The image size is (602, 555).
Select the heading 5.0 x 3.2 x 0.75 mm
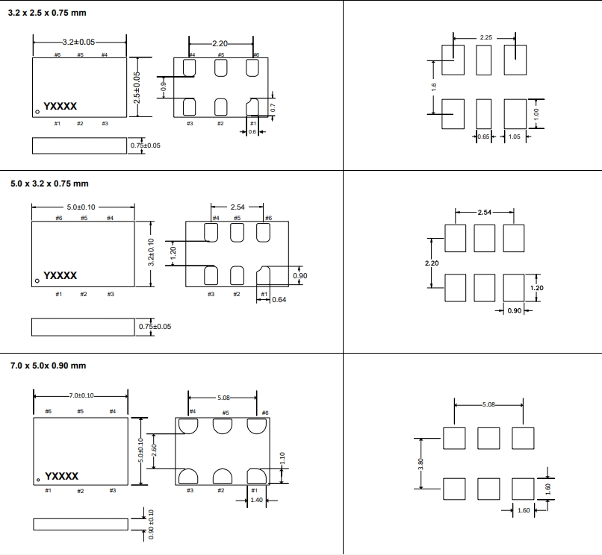click(49, 184)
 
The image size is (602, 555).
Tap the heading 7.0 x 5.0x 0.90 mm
click(49, 366)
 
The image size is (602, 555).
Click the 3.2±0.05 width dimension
click(78, 43)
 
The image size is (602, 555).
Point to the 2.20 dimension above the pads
click(222, 44)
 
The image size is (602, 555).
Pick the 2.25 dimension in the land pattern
click(485, 37)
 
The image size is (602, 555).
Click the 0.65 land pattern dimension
click(483, 137)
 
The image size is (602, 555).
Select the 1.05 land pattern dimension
click(515, 137)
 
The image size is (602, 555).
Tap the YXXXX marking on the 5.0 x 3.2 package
click(60, 275)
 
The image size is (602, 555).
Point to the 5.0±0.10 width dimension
click(81, 207)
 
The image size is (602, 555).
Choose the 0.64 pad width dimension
click(278, 299)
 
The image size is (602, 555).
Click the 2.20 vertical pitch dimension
click(432, 263)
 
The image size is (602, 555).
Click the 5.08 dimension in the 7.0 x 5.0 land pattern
click(488, 404)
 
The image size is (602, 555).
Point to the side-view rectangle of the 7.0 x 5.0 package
click(80, 524)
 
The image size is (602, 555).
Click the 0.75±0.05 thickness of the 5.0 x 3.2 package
click(155, 326)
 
